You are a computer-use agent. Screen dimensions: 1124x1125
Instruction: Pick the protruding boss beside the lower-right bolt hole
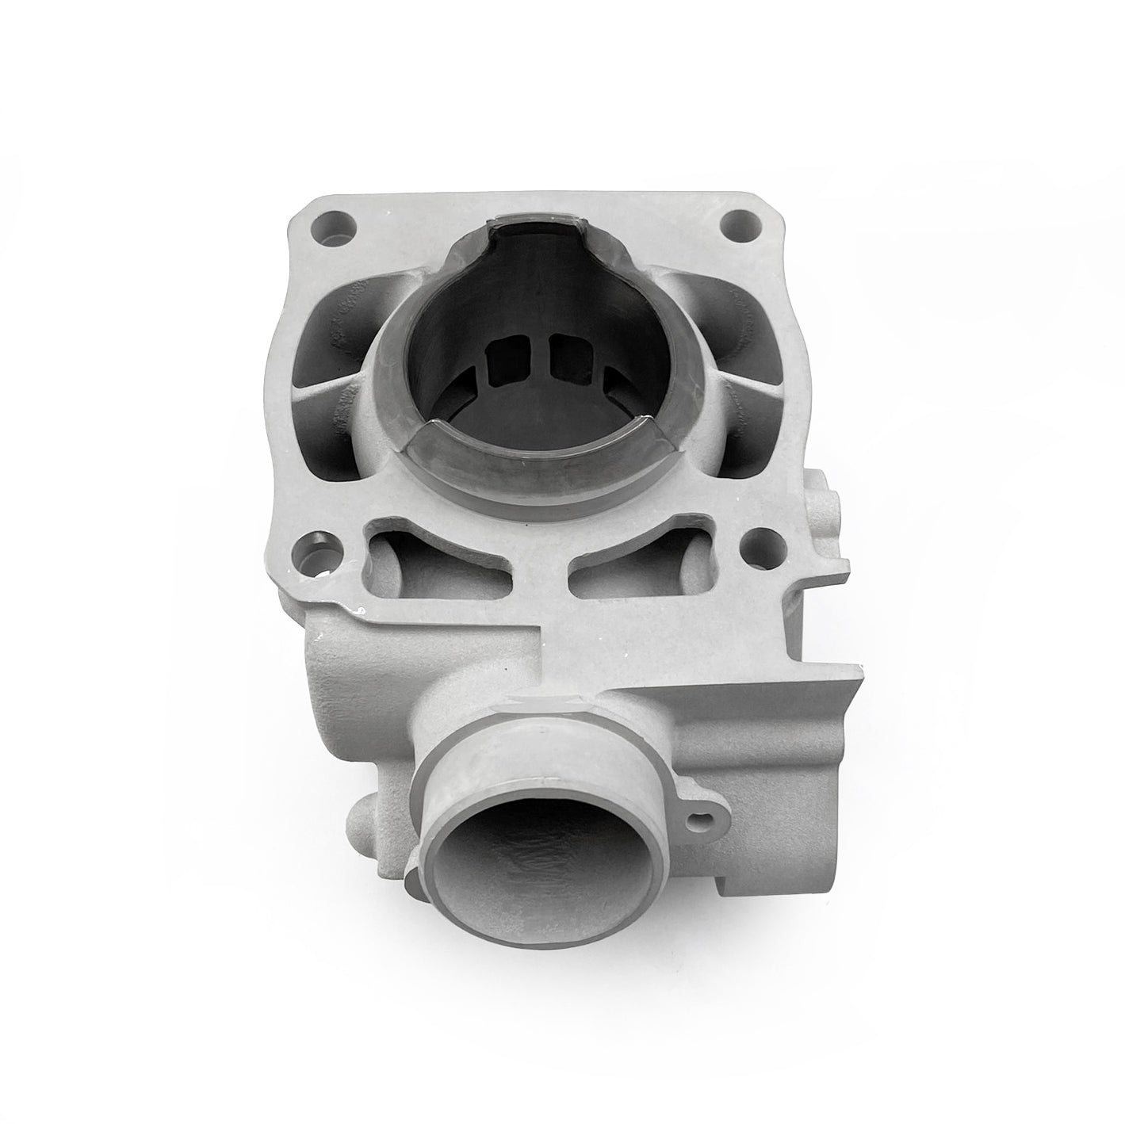coord(821,499)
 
